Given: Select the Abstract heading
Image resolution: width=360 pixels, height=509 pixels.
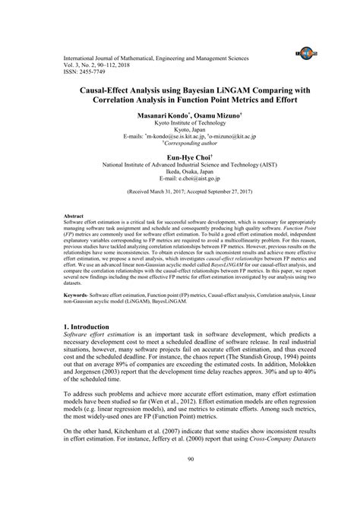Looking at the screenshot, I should [x=74, y=216].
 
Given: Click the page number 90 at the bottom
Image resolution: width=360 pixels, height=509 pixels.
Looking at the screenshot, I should [x=179, y=479].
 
